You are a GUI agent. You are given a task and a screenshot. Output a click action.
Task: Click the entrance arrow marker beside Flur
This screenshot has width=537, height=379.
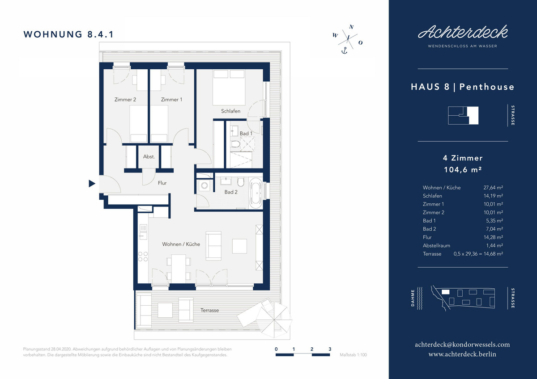coord(92,183)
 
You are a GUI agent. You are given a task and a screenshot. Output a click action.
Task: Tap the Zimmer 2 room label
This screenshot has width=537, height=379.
coord(125,99)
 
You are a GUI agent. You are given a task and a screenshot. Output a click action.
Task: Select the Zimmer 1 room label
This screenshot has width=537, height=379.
coord(171,99)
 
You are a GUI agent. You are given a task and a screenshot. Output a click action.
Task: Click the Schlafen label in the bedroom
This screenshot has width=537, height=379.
coord(230,111)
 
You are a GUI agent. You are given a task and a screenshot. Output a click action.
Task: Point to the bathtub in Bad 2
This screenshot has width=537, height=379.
coord(256,194)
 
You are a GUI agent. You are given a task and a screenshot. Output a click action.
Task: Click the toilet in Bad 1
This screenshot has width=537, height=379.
coord(235,144)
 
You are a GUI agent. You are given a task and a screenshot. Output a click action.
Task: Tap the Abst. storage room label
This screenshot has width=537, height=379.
coord(149,156)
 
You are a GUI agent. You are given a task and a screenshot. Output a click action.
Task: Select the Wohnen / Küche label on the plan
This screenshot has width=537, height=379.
coord(181,244)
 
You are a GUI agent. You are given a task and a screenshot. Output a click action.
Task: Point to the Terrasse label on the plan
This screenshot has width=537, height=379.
coord(209,310)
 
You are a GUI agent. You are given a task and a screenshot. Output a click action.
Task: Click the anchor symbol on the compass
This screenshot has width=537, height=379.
coord(344,51)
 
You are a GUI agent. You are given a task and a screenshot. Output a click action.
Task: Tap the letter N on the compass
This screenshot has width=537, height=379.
coord(351,27)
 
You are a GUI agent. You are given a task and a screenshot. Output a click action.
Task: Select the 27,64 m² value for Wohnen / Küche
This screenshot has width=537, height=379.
coord(493,188)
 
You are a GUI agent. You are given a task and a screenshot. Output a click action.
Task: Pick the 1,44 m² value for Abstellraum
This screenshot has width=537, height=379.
coord(494,245)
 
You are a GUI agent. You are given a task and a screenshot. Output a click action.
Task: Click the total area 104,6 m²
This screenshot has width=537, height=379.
coord(463,169)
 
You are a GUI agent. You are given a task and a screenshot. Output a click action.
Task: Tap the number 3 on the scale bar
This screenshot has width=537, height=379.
coord(330,349)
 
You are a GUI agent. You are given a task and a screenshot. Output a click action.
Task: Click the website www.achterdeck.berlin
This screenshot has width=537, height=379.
coord(462,354)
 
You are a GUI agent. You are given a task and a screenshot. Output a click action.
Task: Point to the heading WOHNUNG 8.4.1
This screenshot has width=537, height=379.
coord(68,34)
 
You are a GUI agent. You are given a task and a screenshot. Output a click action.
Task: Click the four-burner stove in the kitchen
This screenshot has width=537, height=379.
coord(143,257)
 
